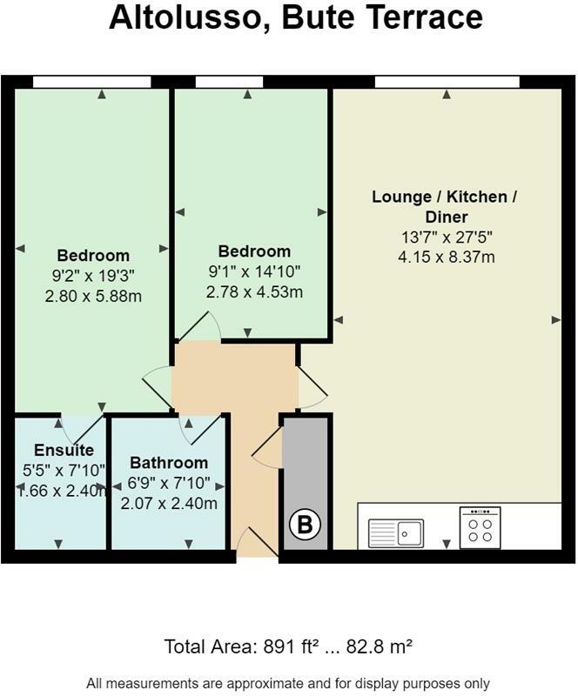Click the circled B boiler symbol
point(305,525)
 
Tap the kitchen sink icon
point(395,531)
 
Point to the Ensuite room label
point(64,451)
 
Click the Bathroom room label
point(169,463)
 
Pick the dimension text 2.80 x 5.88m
point(93,296)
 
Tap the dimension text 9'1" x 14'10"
point(254,272)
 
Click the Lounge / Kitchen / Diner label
point(444,207)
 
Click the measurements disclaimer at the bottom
point(288,683)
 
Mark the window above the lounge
point(447,82)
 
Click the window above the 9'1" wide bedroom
point(229,82)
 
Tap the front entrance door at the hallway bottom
point(254,543)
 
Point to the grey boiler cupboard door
point(268,447)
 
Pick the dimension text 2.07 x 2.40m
point(169,503)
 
